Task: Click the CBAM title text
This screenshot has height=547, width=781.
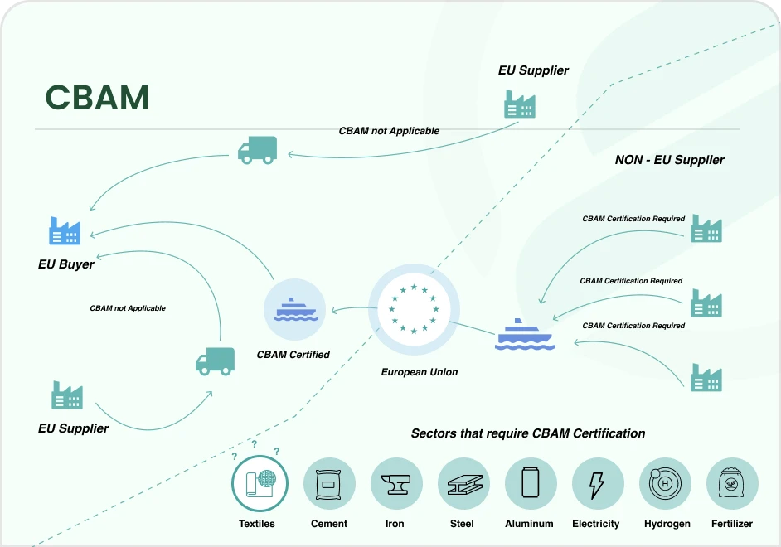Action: [x=97, y=98]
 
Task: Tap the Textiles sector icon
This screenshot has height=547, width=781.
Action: [x=260, y=484]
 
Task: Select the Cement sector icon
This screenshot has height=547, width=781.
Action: [x=329, y=484]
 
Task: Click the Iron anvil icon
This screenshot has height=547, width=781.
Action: [x=395, y=484]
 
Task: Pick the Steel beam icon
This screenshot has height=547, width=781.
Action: [x=463, y=484]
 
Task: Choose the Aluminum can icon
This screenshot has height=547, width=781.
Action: [x=530, y=484]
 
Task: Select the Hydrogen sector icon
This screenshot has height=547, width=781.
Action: [x=664, y=484]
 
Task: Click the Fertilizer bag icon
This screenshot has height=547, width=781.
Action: [x=731, y=484]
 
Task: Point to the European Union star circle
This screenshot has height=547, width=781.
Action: [x=413, y=308]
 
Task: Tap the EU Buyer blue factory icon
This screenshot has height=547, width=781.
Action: [x=65, y=231]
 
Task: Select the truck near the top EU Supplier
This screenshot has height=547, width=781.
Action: [x=257, y=150]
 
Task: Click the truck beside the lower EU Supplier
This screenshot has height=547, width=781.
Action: [x=215, y=361]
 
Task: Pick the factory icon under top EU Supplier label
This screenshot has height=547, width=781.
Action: [x=520, y=104]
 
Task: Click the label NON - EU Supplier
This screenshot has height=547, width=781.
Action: [x=669, y=160]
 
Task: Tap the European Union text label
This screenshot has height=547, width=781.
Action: [x=420, y=372]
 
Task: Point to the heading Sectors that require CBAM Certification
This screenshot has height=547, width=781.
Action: [x=528, y=433]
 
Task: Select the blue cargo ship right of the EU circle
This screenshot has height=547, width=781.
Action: [x=524, y=335]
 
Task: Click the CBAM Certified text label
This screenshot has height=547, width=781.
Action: [x=293, y=355]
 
